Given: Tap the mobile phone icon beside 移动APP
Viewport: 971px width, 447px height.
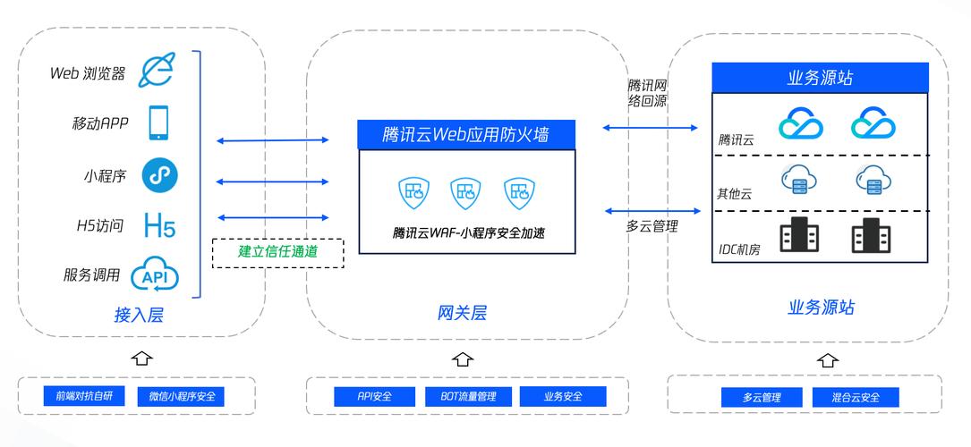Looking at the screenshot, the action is [x=158, y=122].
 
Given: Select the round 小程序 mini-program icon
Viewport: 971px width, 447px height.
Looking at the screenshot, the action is [x=160, y=175].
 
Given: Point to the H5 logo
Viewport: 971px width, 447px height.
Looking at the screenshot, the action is [x=160, y=225].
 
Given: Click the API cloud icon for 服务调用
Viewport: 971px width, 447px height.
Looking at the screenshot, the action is [x=155, y=274].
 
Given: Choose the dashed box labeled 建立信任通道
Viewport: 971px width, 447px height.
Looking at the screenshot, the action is [x=277, y=253].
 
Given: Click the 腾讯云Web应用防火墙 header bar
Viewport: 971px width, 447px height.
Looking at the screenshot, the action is [x=466, y=134].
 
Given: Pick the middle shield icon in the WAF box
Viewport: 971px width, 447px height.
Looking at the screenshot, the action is [x=465, y=193].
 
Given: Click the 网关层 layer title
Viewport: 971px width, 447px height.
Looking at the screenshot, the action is [x=462, y=313].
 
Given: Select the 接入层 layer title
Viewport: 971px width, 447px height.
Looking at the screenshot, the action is [x=139, y=315].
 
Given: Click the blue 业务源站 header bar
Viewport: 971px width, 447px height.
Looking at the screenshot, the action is [x=820, y=78].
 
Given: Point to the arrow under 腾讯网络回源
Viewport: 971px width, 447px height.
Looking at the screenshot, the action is [x=650, y=128].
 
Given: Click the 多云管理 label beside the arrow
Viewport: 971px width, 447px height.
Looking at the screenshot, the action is [x=652, y=226].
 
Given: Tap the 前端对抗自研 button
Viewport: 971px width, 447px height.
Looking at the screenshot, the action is [x=84, y=396].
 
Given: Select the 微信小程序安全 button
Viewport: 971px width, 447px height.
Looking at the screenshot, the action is [x=181, y=396].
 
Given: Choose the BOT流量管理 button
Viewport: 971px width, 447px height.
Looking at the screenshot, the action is [x=468, y=396].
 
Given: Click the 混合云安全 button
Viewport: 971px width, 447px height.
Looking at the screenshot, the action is [x=856, y=397].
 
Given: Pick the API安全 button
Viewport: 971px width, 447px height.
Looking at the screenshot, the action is [x=375, y=396].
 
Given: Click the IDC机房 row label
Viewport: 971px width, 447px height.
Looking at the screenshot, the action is [x=739, y=249].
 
